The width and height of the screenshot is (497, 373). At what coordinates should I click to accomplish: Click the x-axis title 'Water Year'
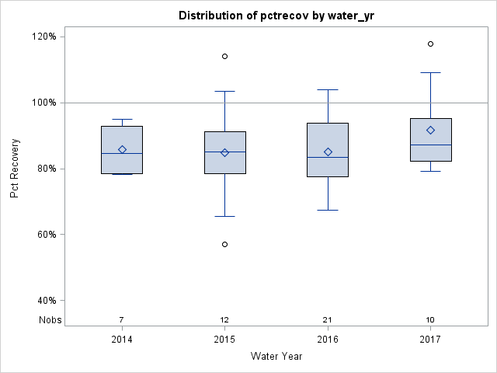pos(276,357)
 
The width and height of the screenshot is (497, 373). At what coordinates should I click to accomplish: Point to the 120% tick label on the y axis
pos(43,37)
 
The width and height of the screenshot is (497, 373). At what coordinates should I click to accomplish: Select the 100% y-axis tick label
pos(43,103)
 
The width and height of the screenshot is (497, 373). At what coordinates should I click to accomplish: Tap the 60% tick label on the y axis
pos(46,235)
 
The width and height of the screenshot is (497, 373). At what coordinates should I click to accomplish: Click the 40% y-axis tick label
pos(46,301)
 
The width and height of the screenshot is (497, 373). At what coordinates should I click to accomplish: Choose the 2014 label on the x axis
pos(122,340)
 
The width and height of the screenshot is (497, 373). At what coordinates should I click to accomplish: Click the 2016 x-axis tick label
pos(328,340)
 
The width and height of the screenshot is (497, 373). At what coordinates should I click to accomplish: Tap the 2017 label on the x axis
pos(430,340)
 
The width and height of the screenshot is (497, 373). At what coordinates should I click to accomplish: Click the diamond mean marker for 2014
pos(122,149)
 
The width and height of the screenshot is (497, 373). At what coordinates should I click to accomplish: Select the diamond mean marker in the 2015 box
pos(225,152)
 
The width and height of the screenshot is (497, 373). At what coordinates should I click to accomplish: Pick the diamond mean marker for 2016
pos(328,152)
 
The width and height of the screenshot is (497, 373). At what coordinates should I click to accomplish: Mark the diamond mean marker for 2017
pos(430,130)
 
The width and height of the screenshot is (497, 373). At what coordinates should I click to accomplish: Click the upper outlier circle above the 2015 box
pos(225,56)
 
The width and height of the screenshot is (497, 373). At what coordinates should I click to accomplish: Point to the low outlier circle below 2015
pos(225,244)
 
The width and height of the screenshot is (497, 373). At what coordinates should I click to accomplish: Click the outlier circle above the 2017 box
pos(430,44)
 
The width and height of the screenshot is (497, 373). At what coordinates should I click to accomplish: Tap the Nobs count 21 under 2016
pos(328,319)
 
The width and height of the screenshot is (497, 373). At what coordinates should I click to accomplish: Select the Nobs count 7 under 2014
pos(122,319)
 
